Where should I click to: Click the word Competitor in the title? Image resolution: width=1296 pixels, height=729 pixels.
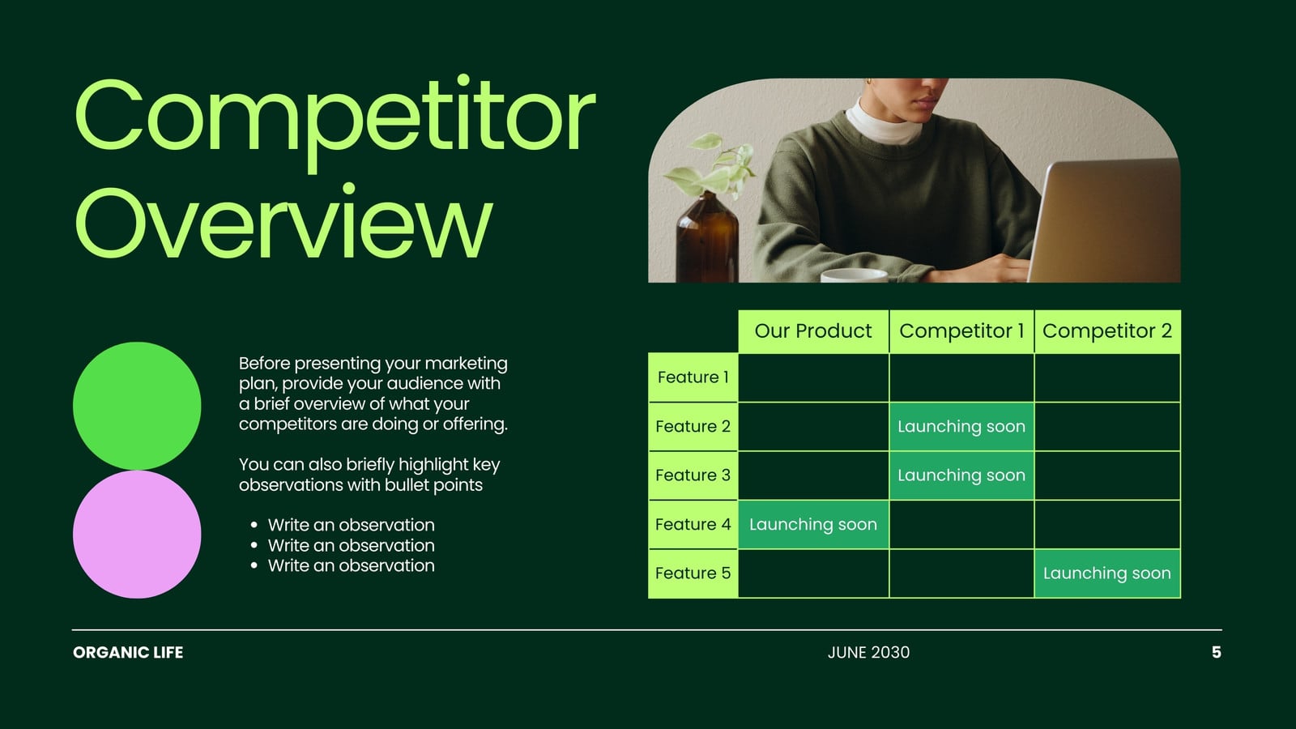pos(335,122)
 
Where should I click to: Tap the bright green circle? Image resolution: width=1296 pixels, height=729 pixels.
pos(137,406)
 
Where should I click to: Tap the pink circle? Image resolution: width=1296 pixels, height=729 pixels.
pos(137,534)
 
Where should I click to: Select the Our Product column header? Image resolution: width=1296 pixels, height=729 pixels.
pos(813,331)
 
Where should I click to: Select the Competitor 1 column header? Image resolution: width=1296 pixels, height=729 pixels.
pos(961,331)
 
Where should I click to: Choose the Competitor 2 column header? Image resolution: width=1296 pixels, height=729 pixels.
pos(1107,331)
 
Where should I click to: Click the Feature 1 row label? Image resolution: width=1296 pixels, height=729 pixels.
pos(693,377)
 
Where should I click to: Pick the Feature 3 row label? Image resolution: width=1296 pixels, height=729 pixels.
pos(693,475)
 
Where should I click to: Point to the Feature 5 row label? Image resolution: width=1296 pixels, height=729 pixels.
pos(693,573)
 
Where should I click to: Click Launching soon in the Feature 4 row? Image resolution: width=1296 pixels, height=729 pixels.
pos(813,524)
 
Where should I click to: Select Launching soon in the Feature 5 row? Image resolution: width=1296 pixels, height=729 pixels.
pos(1106,573)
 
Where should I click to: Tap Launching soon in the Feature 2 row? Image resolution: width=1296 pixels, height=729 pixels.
pos(961,426)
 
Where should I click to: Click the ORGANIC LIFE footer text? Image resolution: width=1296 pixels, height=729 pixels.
pos(128,653)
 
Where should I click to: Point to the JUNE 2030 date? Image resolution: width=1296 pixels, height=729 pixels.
pos(868,653)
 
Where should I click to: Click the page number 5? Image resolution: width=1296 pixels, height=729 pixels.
pos(1216,653)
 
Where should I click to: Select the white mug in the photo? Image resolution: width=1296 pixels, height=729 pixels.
pos(854,275)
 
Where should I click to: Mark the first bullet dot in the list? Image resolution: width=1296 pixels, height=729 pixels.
pos(254,526)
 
